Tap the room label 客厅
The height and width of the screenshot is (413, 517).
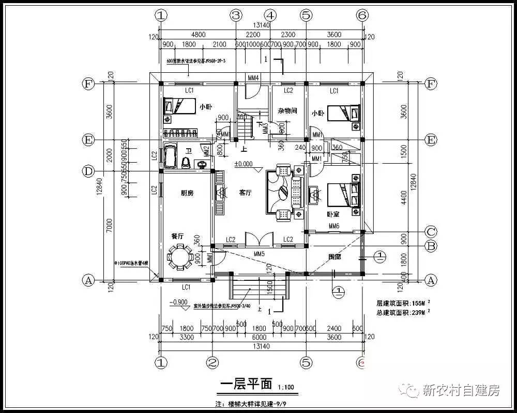click(245, 193)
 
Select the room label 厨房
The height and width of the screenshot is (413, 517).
click(173, 193)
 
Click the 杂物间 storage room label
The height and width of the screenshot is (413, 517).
click(287, 110)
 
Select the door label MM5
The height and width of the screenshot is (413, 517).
click(259, 253)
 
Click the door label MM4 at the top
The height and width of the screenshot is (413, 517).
click(253, 78)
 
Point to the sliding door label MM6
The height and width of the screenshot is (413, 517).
click(334, 226)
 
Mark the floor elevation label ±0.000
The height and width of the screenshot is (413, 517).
click(243, 164)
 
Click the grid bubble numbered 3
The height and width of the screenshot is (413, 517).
click(236, 15)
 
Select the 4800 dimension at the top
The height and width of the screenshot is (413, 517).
click(198, 35)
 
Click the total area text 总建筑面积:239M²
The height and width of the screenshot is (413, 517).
click(403, 312)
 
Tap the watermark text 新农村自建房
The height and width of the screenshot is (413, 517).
click(461, 390)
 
